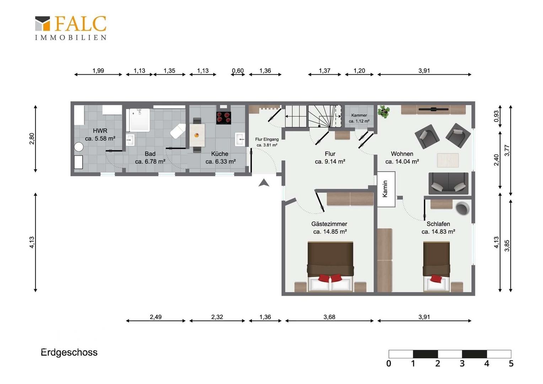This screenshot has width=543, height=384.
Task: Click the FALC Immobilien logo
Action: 71,28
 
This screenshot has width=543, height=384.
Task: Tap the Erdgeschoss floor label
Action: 69,352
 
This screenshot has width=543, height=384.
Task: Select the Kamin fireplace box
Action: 386,189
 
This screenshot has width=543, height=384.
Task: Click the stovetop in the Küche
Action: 224,118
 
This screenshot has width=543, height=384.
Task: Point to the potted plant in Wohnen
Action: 384,111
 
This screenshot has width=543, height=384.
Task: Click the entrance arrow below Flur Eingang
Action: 264,183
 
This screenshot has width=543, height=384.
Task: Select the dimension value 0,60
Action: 237,71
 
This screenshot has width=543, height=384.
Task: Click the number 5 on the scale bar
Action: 511,363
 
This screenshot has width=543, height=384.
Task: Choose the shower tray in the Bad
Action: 139,120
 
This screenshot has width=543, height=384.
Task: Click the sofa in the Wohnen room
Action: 448,183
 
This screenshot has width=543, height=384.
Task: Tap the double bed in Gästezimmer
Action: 330,266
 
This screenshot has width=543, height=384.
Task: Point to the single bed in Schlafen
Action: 436,266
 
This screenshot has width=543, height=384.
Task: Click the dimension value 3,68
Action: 329,317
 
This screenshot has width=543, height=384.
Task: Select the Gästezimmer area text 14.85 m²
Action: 330,232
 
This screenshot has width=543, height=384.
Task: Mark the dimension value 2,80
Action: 32,139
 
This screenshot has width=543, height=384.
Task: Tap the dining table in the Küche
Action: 197,135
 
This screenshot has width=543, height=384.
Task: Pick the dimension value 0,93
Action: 496,116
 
